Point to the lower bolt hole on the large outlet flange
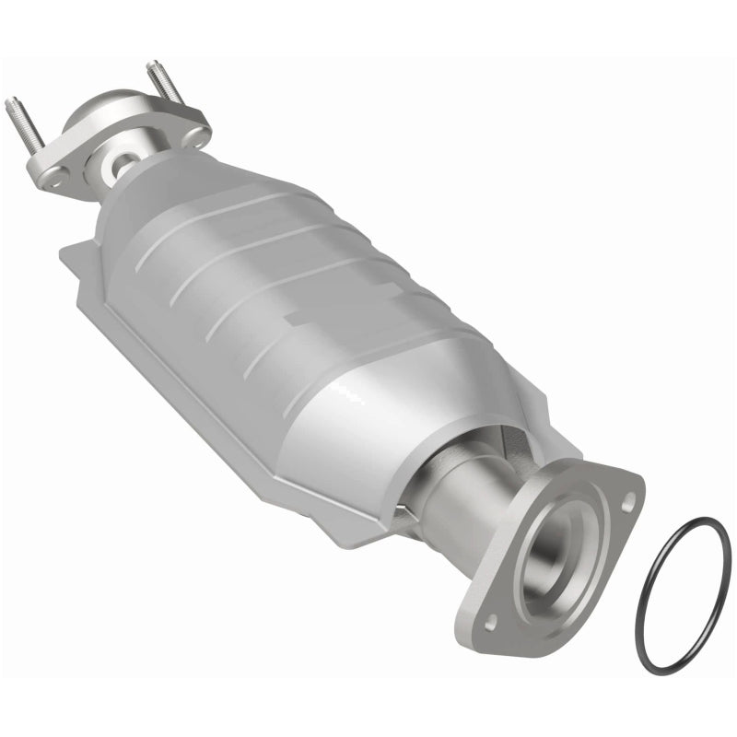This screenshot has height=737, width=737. [491, 622]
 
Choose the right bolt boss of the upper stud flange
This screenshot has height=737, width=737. [196, 135]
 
